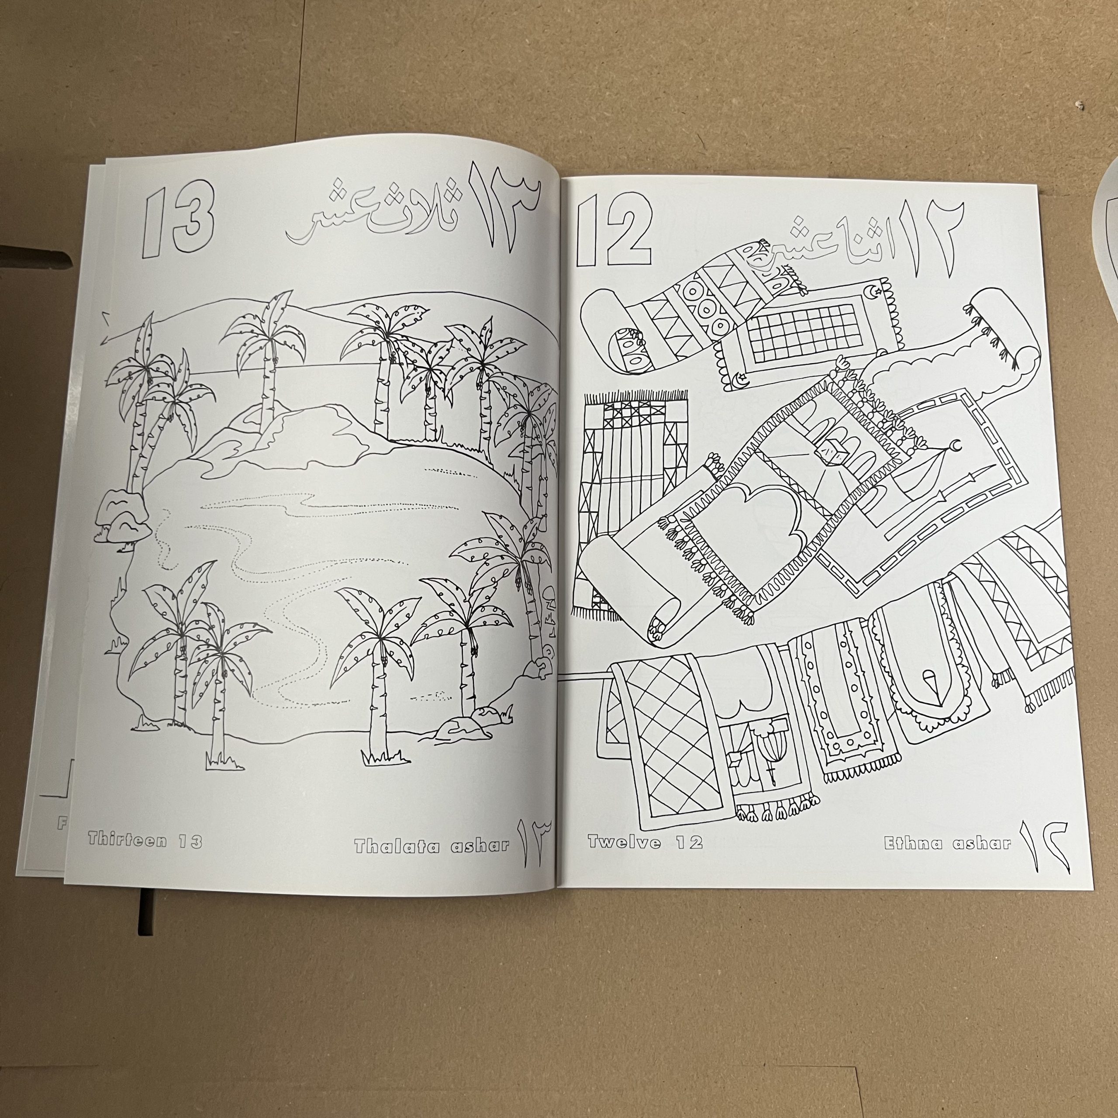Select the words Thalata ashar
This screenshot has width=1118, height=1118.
pos(431,846)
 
